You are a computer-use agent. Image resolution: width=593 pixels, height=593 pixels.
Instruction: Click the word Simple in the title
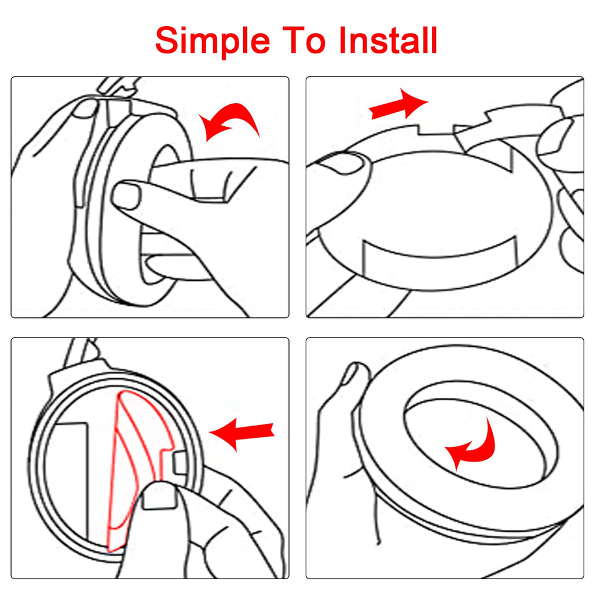(x=213, y=42)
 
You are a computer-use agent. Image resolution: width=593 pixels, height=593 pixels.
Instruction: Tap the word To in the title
(x=303, y=40)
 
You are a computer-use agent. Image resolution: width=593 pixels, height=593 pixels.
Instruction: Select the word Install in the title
(x=389, y=40)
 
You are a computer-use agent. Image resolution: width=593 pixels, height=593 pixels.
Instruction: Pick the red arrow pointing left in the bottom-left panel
(x=242, y=433)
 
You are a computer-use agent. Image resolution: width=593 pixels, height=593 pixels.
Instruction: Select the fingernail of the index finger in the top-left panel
(x=126, y=195)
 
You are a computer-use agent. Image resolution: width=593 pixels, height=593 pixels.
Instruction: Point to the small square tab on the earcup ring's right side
(x=180, y=463)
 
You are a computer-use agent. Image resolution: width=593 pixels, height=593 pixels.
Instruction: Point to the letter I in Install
(x=344, y=40)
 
